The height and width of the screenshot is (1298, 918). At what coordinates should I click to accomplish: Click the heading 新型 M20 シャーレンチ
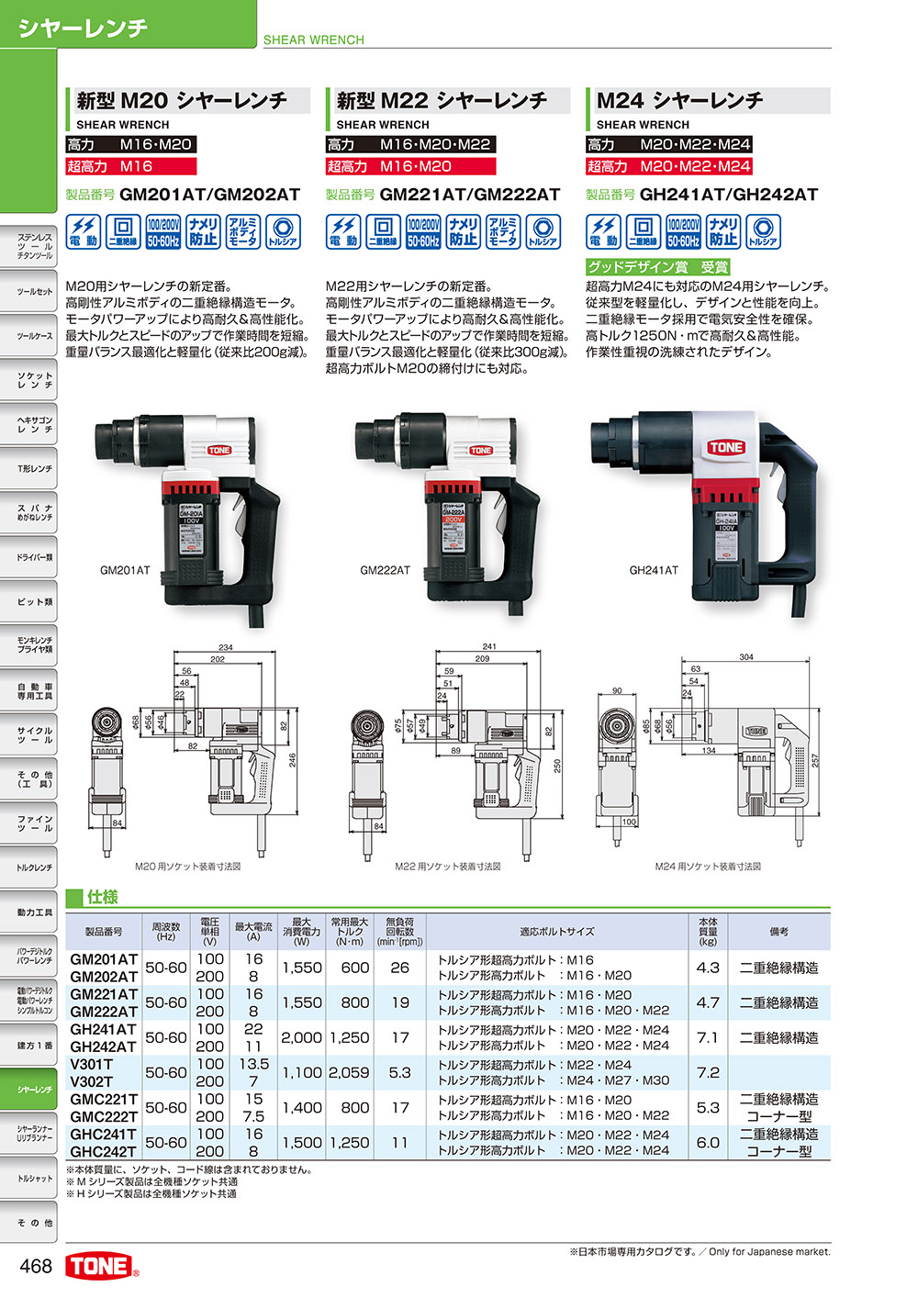click(182, 100)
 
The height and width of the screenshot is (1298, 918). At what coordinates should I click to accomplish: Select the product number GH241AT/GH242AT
click(728, 195)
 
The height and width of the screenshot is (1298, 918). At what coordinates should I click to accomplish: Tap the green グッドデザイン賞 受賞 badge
click(657, 267)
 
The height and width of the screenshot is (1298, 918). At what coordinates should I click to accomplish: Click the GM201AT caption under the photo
click(125, 571)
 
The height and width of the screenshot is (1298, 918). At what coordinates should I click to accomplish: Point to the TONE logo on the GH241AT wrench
click(725, 447)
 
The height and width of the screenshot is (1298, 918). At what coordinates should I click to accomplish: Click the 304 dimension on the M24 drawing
click(746, 657)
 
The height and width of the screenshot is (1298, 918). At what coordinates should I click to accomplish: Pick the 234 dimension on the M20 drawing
click(226, 648)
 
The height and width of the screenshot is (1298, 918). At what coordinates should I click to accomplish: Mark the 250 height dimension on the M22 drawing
click(556, 765)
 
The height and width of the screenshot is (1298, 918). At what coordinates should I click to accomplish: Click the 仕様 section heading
click(103, 897)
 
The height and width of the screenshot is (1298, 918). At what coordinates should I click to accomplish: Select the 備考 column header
click(779, 932)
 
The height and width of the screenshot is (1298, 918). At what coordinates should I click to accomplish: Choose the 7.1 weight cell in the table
click(708, 1037)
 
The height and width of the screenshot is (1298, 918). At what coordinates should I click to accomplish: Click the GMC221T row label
click(104, 1099)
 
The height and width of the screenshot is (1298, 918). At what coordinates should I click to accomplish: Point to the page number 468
click(36, 1266)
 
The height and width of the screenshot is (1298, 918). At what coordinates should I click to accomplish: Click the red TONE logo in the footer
click(100, 1266)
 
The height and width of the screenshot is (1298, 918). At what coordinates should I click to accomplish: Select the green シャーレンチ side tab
click(34, 1090)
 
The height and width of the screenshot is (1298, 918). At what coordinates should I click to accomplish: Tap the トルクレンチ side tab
click(34, 867)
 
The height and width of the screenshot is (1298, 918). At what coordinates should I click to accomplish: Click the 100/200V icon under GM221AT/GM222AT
click(423, 232)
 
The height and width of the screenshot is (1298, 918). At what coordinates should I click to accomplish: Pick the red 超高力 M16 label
click(130, 166)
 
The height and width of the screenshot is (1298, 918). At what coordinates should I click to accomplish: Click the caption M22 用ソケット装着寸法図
click(448, 867)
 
